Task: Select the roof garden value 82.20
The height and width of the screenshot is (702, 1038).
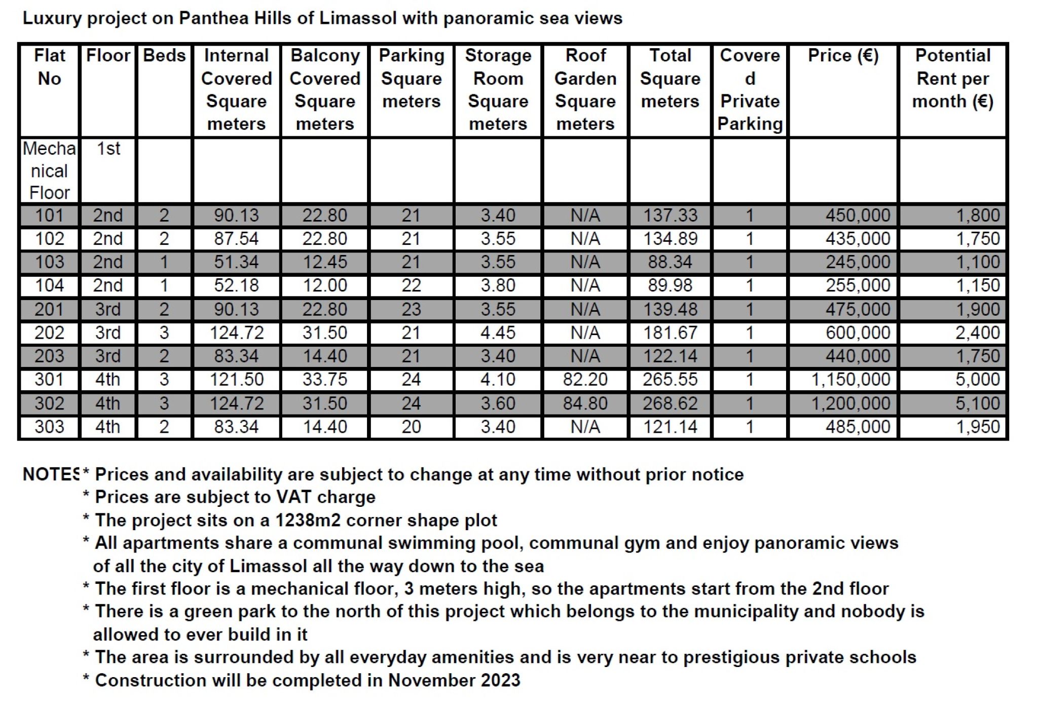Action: pos(585,380)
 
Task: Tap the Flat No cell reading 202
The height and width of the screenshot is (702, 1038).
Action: pos(49,333)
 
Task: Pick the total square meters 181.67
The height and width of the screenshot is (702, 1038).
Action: pos(670,333)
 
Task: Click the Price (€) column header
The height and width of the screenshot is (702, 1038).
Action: pos(843,56)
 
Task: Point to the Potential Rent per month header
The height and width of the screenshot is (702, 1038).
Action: pos(952,79)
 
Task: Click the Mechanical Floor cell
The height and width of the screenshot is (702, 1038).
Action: pos(49,171)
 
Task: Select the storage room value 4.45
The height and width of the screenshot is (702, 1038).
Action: pos(498,333)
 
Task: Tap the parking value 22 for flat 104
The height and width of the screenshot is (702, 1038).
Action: pos(411,286)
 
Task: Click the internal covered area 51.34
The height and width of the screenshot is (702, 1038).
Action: pos(236,263)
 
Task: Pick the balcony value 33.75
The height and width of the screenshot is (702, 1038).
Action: pos(324,380)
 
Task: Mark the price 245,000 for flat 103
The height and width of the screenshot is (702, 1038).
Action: pos(858,263)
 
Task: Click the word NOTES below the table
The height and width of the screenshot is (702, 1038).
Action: pos(51,474)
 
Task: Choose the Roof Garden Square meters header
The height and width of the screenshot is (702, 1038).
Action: pos(585,90)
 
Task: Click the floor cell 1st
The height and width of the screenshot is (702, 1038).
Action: pos(108,149)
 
